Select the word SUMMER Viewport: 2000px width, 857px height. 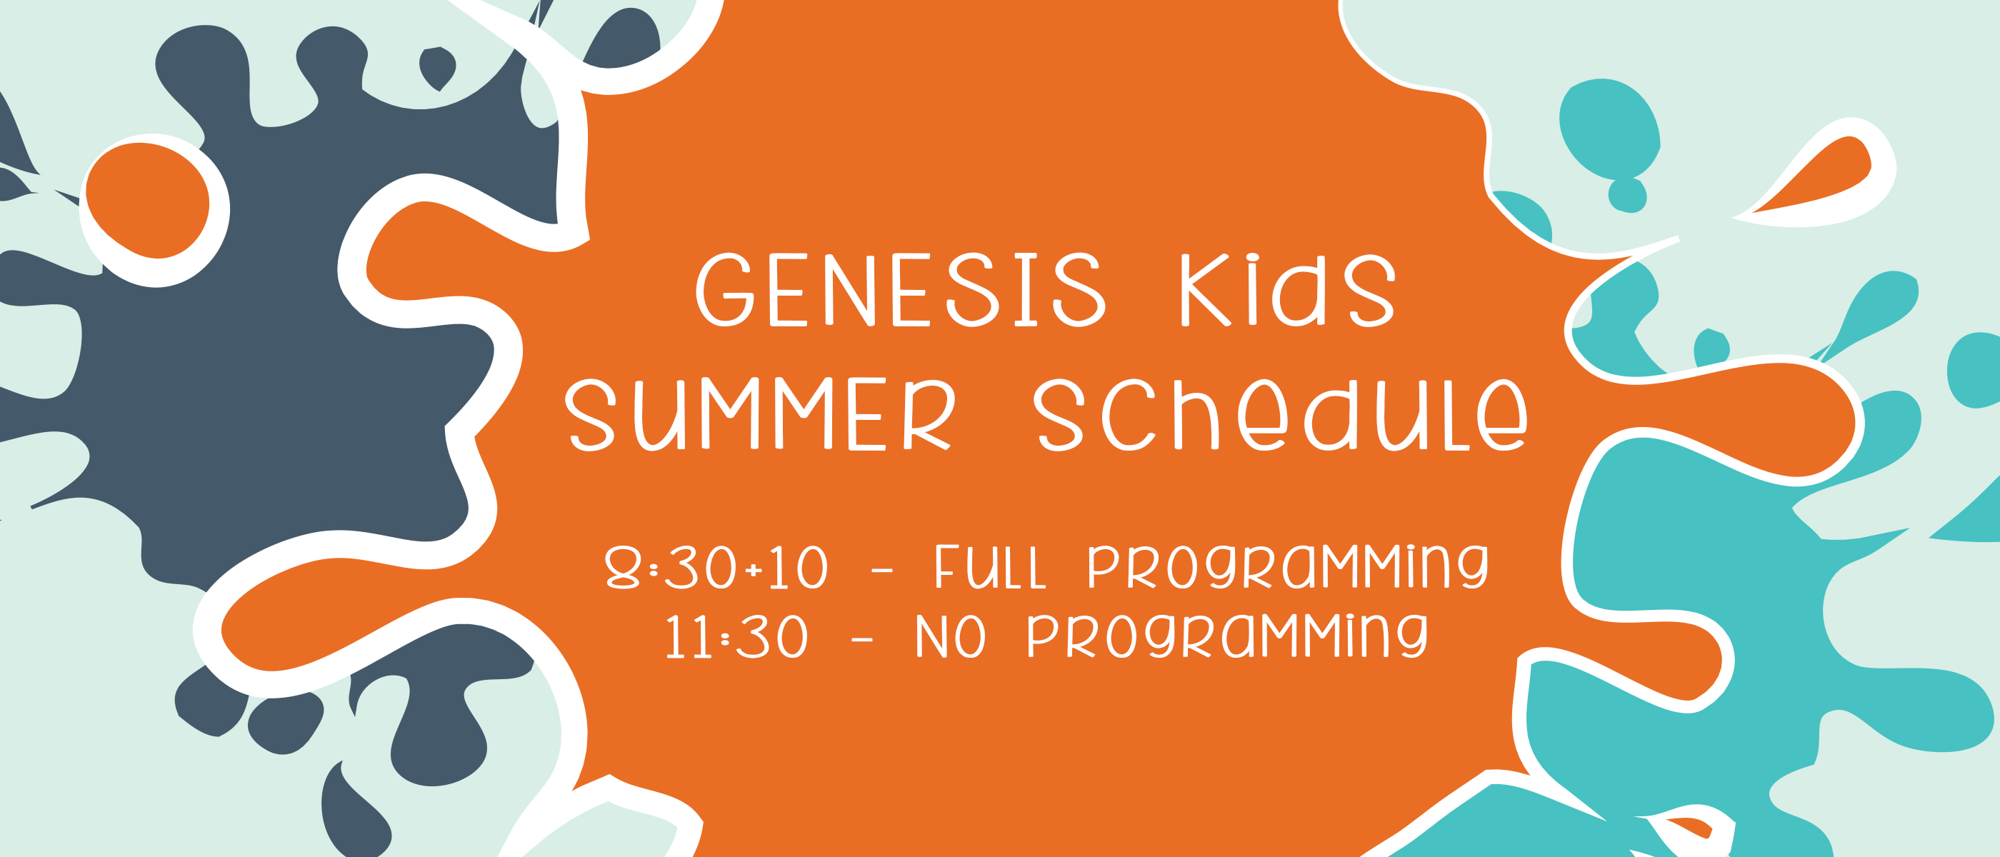(x=759, y=414)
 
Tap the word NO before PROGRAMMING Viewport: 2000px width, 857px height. (x=951, y=636)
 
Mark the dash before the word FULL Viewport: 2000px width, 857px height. (x=882, y=571)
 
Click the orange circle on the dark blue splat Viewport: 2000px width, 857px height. (x=148, y=200)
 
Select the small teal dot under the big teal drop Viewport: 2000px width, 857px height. (x=1627, y=196)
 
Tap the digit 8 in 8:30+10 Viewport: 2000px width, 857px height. (x=623, y=568)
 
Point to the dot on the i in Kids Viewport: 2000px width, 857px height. (x=1252, y=259)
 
